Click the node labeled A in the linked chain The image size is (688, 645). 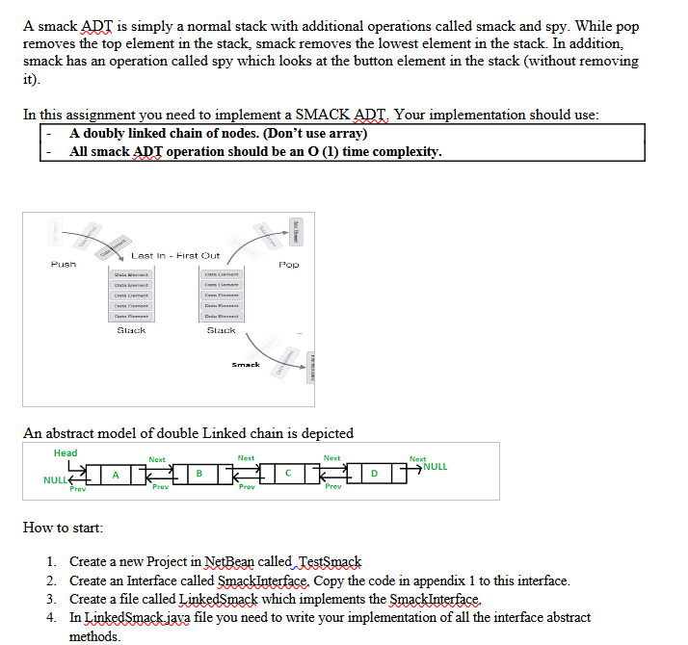(116, 474)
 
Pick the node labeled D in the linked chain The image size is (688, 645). (376, 474)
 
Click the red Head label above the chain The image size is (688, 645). (66, 452)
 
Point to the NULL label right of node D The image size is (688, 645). (435, 467)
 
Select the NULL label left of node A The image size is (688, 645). (55, 478)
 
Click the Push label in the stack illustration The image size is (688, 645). (63, 264)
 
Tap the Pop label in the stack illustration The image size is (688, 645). (288, 264)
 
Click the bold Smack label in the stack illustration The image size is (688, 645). (246, 365)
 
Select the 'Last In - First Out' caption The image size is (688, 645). (175, 255)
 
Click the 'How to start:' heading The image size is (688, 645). (64, 528)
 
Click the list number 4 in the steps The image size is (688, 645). (50, 617)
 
